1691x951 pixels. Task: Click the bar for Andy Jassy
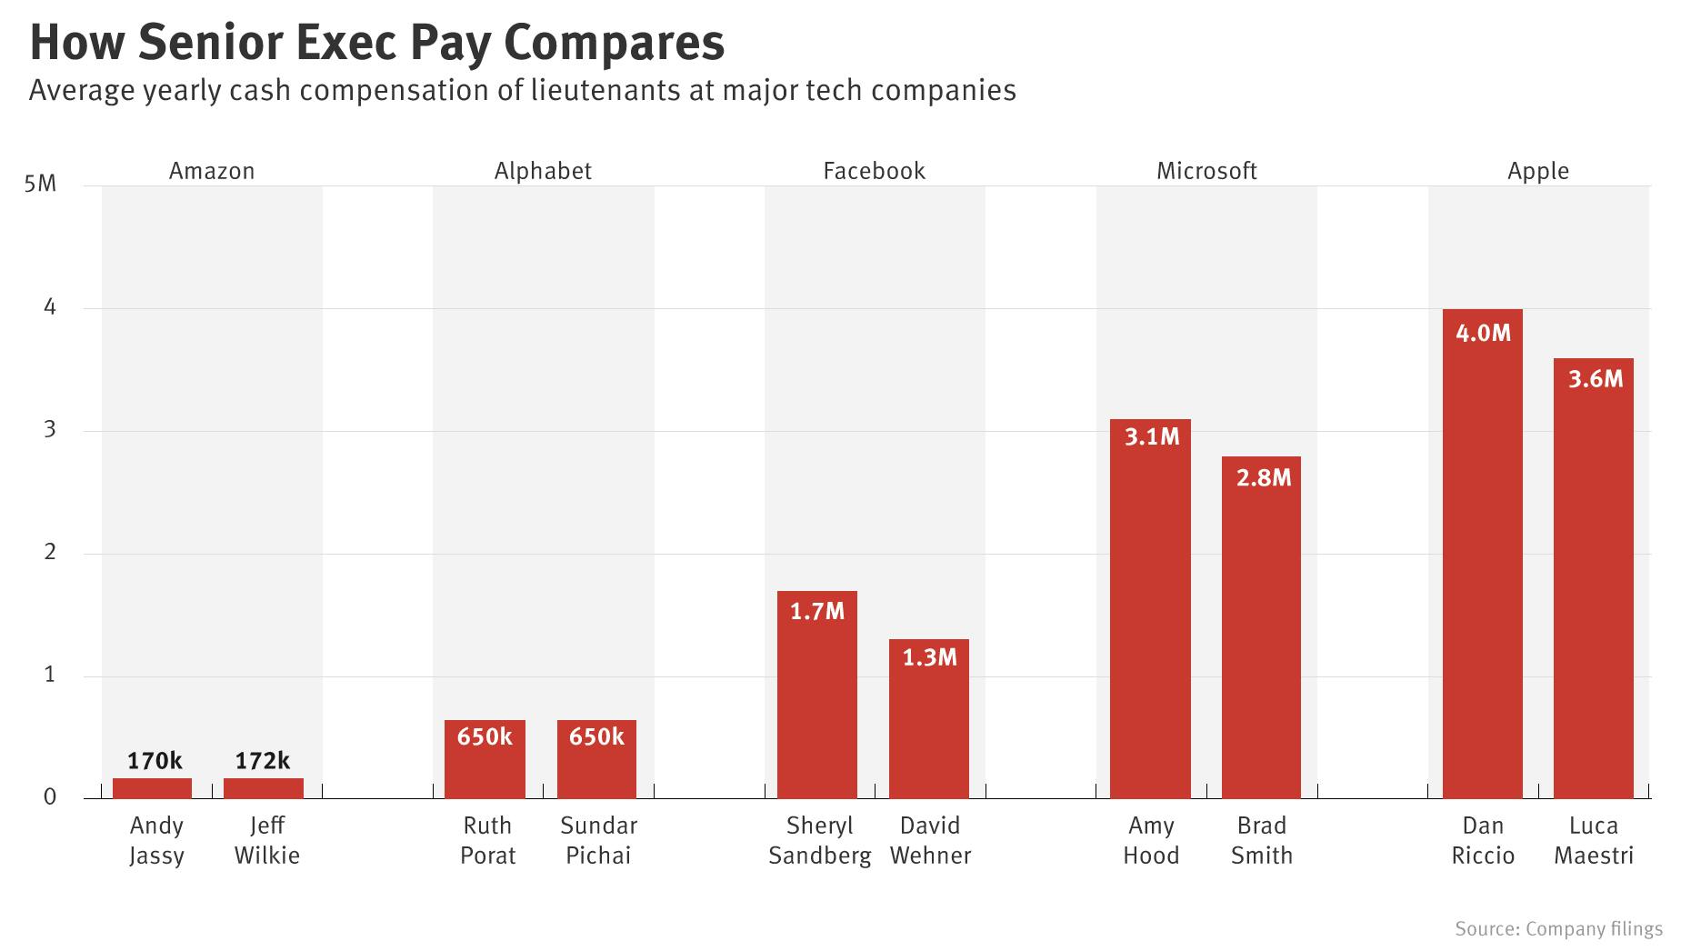point(152,788)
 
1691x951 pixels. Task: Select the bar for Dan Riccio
point(1482,555)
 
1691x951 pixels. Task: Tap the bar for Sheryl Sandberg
point(816,696)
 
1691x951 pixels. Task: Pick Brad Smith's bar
point(1261,627)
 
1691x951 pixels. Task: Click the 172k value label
point(263,761)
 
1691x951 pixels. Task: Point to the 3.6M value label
point(1595,379)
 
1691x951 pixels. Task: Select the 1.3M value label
point(929,657)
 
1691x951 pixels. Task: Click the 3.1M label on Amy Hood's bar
point(1151,437)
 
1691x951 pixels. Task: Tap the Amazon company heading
point(212,171)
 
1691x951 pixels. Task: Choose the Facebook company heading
point(874,171)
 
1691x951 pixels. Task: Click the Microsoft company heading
point(1206,171)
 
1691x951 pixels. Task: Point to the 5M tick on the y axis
point(40,185)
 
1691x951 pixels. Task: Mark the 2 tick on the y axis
point(49,553)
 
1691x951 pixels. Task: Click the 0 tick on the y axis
point(49,797)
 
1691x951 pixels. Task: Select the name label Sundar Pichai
point(598,840)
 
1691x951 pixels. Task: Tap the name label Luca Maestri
point(1594,840)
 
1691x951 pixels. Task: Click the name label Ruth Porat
point(487,840)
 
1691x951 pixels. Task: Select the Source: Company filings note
point(1558,928)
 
